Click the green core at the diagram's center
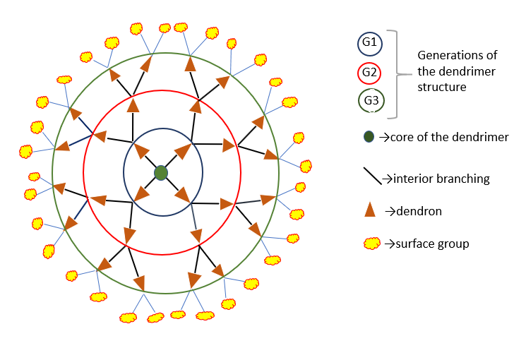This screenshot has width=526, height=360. coord(161,173)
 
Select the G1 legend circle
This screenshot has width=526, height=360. coord(370,43)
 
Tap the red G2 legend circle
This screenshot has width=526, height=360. coord(369,73)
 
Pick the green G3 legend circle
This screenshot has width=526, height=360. coord(371,101)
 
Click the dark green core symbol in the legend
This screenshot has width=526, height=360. coord(369,137)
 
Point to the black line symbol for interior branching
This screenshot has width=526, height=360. coord(373,176)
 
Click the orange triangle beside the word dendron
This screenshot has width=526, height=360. coord(370,210)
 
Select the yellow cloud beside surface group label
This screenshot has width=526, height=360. coord(372,244)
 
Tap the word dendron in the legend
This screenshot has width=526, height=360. coord(419,211)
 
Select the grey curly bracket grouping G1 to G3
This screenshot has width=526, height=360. coord(399,74)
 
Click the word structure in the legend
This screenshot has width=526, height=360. coord(442,88)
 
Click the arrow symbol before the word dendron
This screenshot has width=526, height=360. coord(390,211)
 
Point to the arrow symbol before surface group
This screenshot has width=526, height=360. coord(390,244)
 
